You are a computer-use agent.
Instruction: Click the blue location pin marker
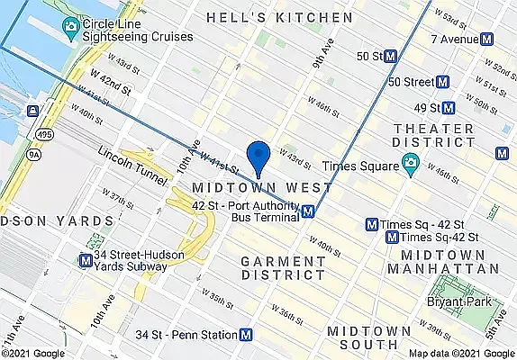pos(258,157)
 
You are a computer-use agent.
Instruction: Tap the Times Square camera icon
pos(410,165)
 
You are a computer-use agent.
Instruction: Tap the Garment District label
pos(283,268)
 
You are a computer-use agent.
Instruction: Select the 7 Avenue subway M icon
pos(487,39)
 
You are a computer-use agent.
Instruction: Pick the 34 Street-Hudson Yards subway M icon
pos(84,261)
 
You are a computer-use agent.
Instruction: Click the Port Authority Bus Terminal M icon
pos(308,211)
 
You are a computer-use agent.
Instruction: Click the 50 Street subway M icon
pos(443,82)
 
